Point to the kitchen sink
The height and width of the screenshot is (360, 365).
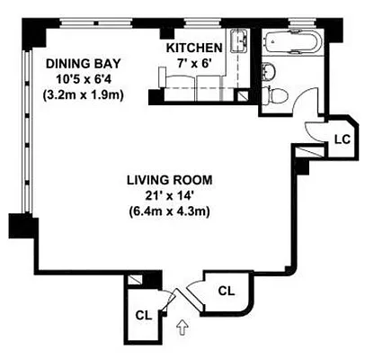point(240,41)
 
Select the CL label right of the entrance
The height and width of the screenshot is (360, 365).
point(227,291)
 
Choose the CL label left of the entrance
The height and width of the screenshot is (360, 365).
point(142,315)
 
